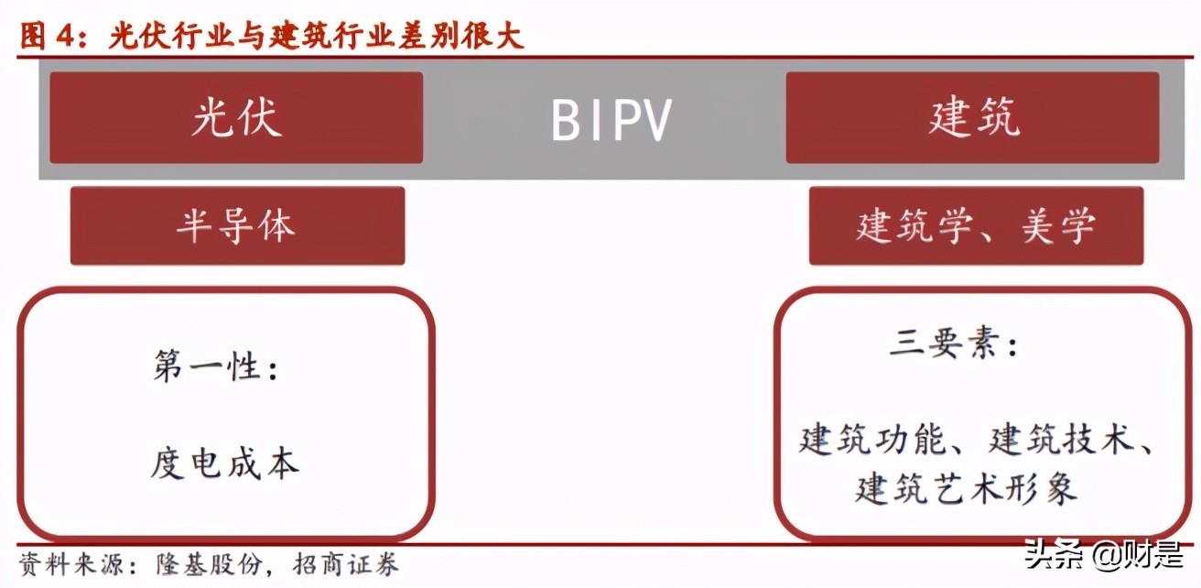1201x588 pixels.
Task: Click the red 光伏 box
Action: (236, 118)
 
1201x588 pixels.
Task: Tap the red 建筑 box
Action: (972, 118)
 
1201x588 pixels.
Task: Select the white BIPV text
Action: (612, 120)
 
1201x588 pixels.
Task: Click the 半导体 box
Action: (237, 226)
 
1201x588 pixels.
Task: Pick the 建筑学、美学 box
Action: (976, 226)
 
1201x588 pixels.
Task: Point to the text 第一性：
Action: (216, 368)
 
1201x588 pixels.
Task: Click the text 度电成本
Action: (225, 463)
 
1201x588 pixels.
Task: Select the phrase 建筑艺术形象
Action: (967, 487)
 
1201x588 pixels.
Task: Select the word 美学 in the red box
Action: (1058, 226)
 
